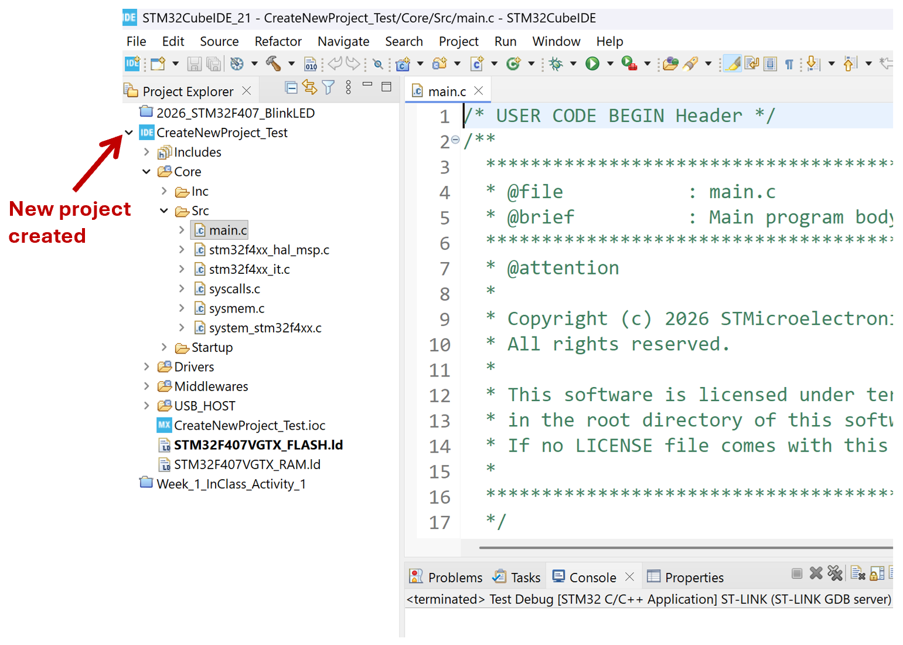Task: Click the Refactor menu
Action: pos(278,41)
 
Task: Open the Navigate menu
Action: pos(343,41)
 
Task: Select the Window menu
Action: pos(556,41)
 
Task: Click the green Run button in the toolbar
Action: pos(592,63)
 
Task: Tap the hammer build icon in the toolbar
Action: pos(273,63)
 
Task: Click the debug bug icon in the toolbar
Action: pos(556,63)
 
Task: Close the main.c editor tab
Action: pos(478,91)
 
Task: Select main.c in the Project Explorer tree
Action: pos(227,230)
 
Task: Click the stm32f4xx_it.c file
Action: pos(248,269)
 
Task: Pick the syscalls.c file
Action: pos(234,289)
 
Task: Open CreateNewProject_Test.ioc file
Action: pos(249,425)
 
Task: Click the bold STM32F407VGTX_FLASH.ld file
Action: pos(258,444)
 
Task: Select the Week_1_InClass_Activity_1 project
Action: pos(231,484)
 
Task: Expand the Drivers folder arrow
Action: pos(146,366)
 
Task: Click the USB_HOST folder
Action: pos(205,406)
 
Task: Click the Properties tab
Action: pos(686,577)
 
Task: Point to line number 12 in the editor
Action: pos(439,395)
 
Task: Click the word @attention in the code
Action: pos(563,268)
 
